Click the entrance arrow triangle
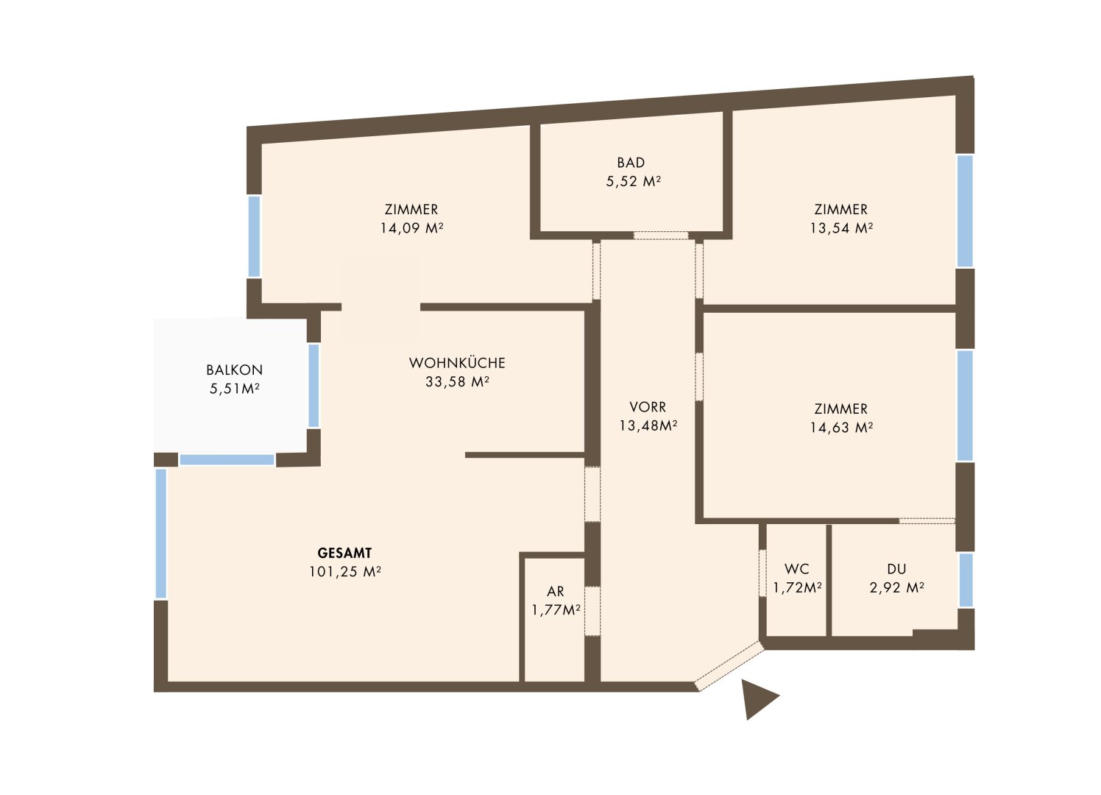coord(756,699)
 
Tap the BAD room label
coord(631,163)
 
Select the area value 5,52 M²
coord(633,181)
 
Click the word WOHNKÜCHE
coord(457,363)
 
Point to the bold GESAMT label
coord(344,553)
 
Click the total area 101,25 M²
coord(345,572)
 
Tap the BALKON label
coord(235,370)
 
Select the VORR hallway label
coord(648,407)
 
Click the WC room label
coord(797,569)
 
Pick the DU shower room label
coord(896,569)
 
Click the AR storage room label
coord(556,591)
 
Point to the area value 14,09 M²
coord(412,228)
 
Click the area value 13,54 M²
coord(841,228)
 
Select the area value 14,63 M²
coord(841,427)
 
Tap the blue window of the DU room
coord(966,580)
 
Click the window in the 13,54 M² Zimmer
coord(965,211)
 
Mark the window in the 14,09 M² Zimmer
coord(254,236)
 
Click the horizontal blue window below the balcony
coord(227,459)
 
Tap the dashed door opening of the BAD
coord(661,236)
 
